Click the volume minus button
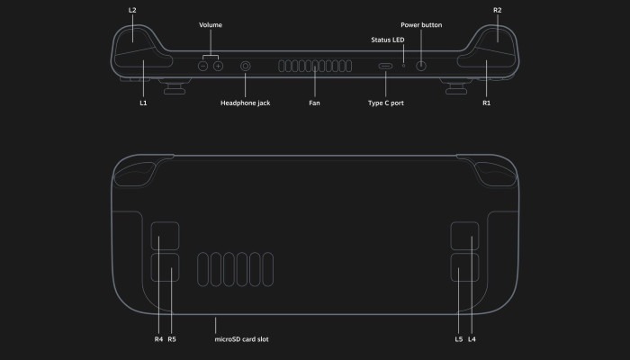click(203, 67)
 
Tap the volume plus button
click(218, 67)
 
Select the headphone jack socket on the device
click(246, 67)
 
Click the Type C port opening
click(385, 67)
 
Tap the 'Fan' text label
click(314, 103)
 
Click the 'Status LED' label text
click(388, 40)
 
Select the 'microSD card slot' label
click(242, 339)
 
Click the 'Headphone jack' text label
click(245, 103)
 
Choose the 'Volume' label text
click(211, 25)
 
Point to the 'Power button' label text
click(421, 25)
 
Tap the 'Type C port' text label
click(385, 103)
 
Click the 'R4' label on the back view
click(158, 339)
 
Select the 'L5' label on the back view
click(459, 339)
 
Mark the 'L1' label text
click(143, 103)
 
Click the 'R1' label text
click(486, 103)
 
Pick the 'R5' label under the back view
click(172, 339)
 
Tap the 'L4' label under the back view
click(472, 339)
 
